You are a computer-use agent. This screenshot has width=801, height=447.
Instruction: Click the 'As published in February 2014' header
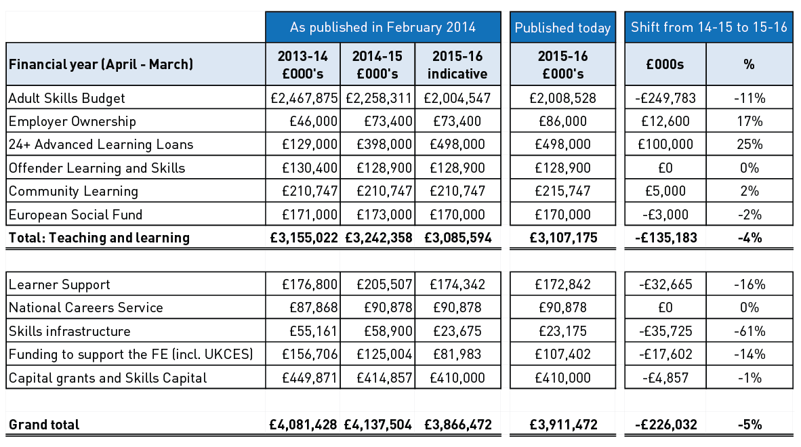pos(383,28)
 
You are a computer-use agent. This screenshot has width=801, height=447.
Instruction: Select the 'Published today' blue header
pos(562,28)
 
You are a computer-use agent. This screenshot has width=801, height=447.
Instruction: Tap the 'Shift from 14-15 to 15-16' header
pos(709,28)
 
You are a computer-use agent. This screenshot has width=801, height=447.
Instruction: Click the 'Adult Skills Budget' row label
pos(67,98)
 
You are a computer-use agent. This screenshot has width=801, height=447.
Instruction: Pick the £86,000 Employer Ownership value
pos(562,121)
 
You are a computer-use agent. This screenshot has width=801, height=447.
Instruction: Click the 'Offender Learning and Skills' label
pos(97,168)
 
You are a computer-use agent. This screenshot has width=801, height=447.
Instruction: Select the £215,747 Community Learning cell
pos(562,191)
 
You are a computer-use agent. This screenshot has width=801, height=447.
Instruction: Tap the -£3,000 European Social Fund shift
pos(665,215)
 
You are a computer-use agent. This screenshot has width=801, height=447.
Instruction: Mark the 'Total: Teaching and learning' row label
pos(100,238)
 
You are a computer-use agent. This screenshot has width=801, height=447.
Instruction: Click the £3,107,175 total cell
pos(562,238)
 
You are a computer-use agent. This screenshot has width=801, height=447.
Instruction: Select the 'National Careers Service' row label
pos(86,307)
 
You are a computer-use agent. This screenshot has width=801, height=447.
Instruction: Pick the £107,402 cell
pos(562,354)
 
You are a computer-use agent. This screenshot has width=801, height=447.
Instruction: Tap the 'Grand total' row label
pos(44,425)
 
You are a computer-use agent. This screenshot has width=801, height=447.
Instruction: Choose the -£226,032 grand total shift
pos(665,425)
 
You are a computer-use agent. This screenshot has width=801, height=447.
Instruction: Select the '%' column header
pos(749,64)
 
